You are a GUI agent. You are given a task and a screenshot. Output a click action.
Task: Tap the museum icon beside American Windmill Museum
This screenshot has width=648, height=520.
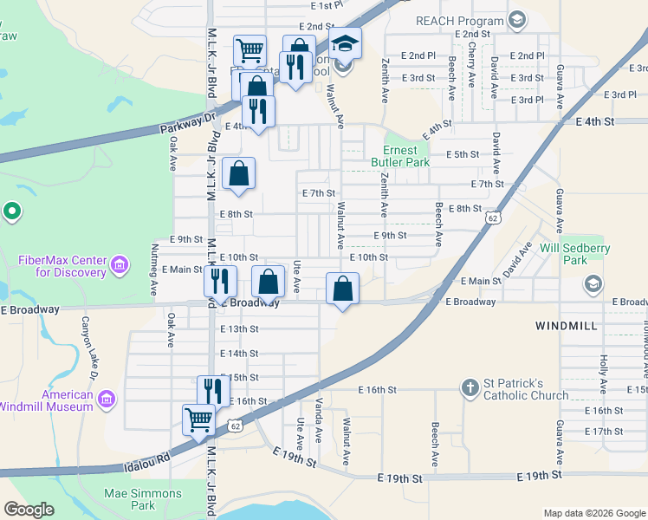coord(107,400)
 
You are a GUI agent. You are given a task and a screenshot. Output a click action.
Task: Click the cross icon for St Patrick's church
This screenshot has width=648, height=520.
coord(470,388)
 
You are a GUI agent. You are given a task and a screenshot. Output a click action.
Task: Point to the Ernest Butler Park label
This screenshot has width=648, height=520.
coord(400,156)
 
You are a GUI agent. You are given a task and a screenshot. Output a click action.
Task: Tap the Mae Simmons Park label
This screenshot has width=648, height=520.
coord(143,499)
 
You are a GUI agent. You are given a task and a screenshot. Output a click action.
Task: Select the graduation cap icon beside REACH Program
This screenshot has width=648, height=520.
coord(517,20)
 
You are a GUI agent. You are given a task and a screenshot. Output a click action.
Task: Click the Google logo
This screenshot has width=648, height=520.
coord(29,510)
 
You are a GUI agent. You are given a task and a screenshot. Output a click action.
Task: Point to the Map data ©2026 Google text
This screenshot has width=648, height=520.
coord(593,513)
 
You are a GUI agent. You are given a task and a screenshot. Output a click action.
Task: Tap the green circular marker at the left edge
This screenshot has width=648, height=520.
coord(11,210)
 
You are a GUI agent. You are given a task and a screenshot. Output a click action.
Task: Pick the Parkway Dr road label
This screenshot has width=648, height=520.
coord(188,121)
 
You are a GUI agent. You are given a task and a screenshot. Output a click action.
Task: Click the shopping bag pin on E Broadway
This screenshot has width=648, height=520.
coord(343,289)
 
